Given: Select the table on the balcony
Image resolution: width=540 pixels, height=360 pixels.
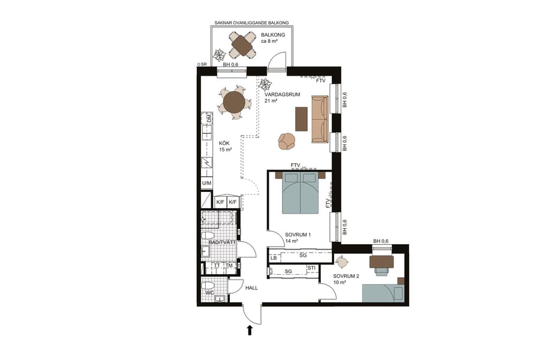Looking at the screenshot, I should (243, 43).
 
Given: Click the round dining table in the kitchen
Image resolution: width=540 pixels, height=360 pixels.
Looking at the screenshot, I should (234, 101).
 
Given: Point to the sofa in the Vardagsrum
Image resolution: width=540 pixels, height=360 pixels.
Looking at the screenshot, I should (319, 118).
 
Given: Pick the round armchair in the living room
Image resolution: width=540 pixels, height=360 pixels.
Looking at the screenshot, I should (287, 141).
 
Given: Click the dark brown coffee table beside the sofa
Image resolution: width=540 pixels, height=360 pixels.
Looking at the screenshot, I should (301, 118).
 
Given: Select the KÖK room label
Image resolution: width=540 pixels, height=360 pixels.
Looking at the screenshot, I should (224, 143).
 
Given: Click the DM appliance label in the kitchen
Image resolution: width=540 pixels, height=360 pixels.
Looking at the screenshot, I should (208, 120).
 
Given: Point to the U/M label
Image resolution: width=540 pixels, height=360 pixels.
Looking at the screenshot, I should (206, 183).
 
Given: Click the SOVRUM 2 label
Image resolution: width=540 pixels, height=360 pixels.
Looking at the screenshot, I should (346, 275).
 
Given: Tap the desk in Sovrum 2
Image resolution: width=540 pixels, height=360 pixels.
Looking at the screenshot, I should (382, 261).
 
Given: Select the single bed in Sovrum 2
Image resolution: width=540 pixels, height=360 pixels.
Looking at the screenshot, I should (384, 293).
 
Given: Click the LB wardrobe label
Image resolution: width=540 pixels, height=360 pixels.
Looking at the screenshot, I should (274, 257).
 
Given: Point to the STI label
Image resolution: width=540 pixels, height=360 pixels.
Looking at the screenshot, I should (311, 268).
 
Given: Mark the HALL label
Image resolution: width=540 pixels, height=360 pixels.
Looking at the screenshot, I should (251, 288).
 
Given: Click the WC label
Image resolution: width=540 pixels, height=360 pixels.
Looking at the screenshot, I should (209, 293).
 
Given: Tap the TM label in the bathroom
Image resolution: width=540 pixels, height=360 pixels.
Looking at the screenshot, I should (229, 266).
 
